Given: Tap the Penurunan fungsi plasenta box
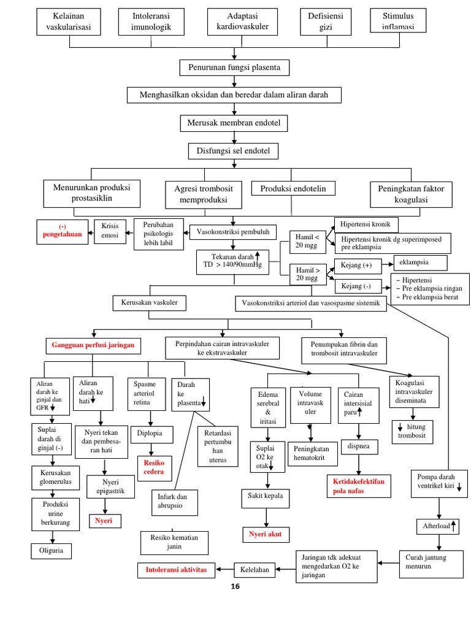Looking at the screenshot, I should pyautogui.click(x=234, y=67).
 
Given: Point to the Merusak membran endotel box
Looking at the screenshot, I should pyautogui.click(x=234, y=124).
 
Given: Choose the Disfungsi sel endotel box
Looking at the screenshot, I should pyautogui.click(x=233, y=151).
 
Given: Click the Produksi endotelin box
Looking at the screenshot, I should pyautogui.click(x=293, y=188).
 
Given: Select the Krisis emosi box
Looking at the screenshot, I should pyautogui.click(x=110, y=232).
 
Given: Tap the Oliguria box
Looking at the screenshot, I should pyautogui.click(x=51, y=551).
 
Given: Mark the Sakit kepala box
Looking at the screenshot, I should pyautogui.click(x=265, y=496).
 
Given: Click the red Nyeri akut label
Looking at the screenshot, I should pyautogui.click(x=265, y=534).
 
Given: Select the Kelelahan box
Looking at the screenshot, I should pyautogui.click(x=255, y=570).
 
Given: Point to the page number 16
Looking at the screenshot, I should pyautogui.click(x=235, y=587).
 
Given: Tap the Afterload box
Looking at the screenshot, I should pyautogui.click(x=437, y=526).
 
